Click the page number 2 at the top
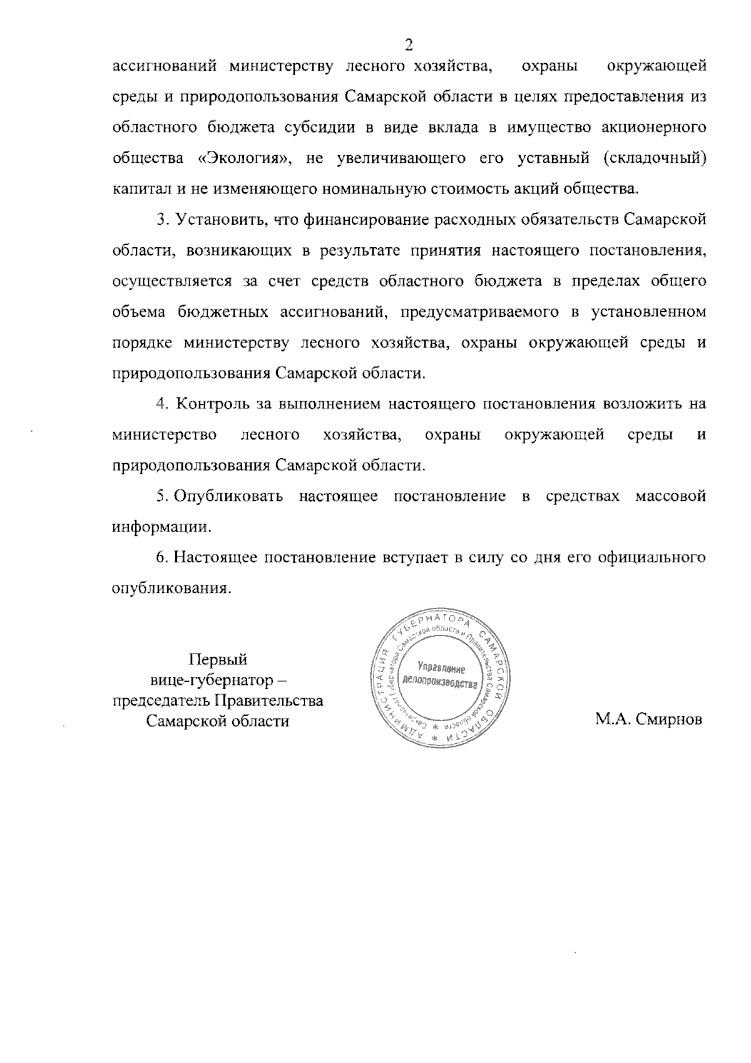pos(409,44)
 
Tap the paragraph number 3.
pos(161,220)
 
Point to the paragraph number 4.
pos(161,404)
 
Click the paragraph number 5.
pos(161,496)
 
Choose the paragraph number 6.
pos(161,558)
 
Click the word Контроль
pos(210,404)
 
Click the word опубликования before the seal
pos(168,588)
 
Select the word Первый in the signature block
pos(218,659)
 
